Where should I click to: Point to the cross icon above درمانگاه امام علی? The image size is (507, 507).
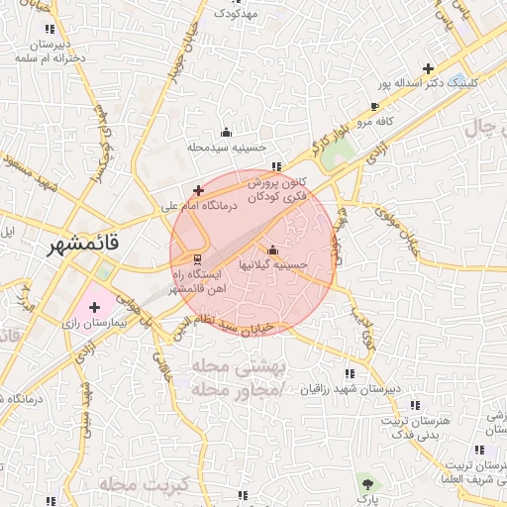click(x=198, y=189)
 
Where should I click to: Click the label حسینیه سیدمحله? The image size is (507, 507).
click(x=228, y=147)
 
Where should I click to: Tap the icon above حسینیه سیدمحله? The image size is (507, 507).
click(x=226, y=132)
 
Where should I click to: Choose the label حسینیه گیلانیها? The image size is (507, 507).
click(x=272, y=265)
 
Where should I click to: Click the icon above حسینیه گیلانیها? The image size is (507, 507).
click(x=272, y=250)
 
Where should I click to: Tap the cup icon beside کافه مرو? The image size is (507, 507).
click(x=373, y=106)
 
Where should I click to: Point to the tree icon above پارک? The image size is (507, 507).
click(x=367, y=482)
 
